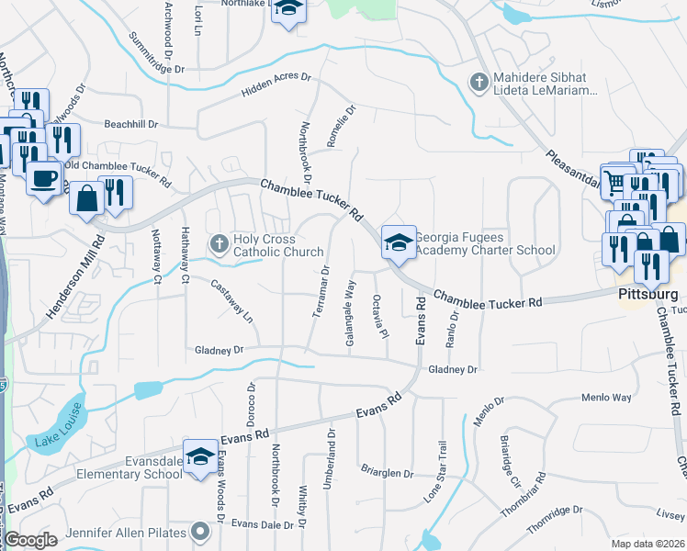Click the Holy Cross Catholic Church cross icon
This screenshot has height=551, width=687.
coord(219,244)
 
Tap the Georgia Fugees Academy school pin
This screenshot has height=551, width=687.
coord(398,243)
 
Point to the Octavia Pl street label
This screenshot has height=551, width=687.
coord(377,315)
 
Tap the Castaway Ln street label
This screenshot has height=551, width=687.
coord(231,301)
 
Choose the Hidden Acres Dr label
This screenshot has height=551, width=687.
coord(276,85)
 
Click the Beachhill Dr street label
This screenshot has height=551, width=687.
coord(131,124)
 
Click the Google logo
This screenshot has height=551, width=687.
coord(30,541)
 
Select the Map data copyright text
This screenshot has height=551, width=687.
coord(646,544)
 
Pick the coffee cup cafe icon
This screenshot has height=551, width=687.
coord(42,175)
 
